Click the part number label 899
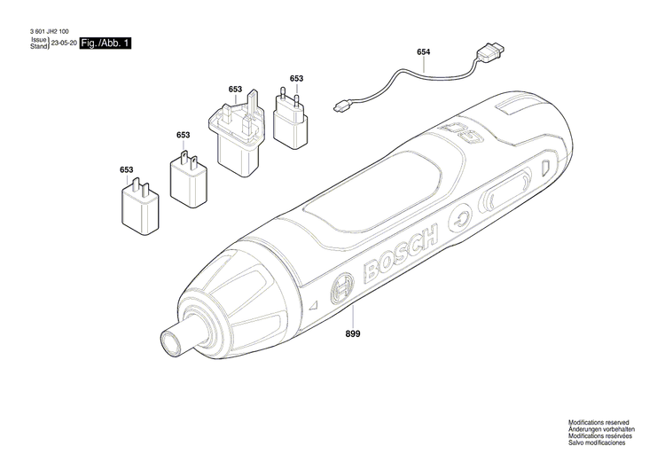354,333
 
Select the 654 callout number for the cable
423,52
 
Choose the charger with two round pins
289,118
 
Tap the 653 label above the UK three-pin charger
235,90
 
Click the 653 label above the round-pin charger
296,79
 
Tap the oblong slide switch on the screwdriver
505,189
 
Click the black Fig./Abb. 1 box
105,43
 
